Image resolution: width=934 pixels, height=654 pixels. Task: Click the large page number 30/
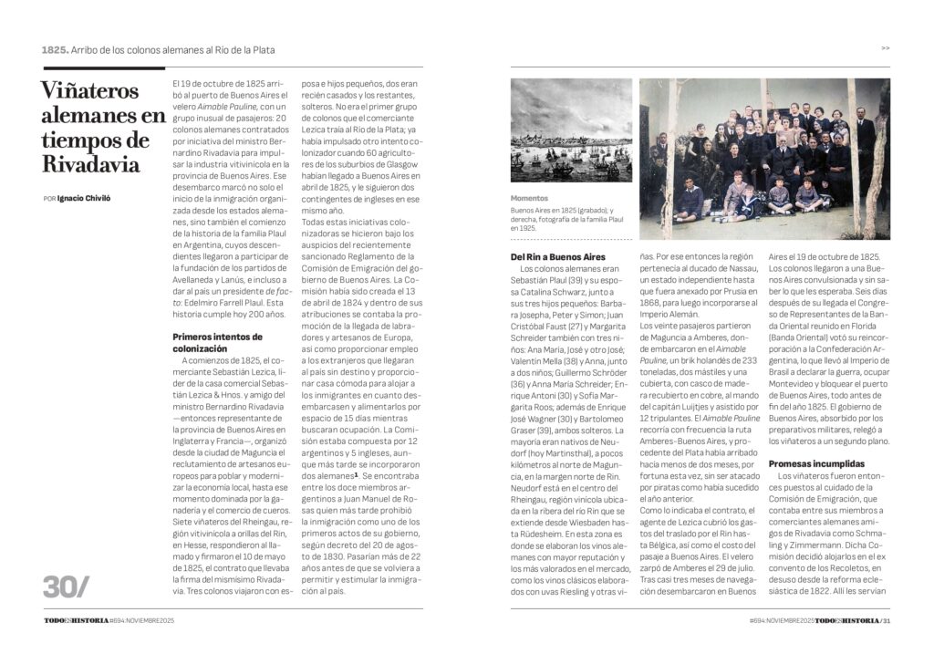click(x=67, y=587)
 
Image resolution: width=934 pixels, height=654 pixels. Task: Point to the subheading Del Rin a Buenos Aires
click(x=558, y=257)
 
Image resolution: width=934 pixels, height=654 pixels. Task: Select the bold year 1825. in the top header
click(x=55, y=49)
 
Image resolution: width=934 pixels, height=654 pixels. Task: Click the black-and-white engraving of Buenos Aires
click(x=571, y=130)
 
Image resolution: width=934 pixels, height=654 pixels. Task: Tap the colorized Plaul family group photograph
click(x=764, y=158)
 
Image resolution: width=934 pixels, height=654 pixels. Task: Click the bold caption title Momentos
click(x=530, y=198)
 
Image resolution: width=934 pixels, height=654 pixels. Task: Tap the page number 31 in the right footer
click(x=886, y=621)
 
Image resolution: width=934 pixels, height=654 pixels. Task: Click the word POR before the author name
click(x=49, y=198)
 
